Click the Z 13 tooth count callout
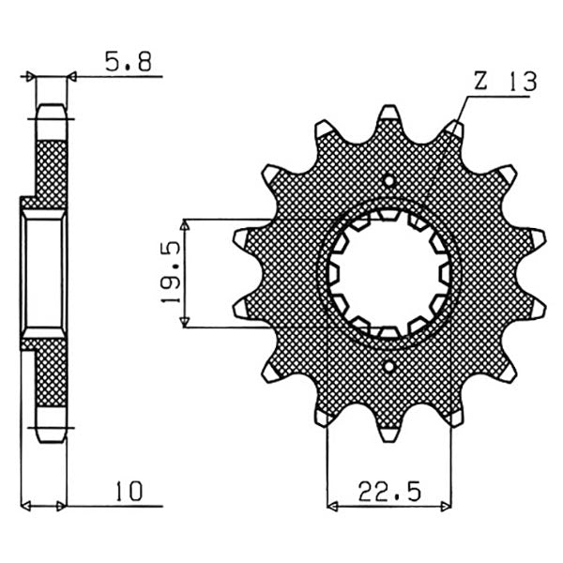tap(504, 82)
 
